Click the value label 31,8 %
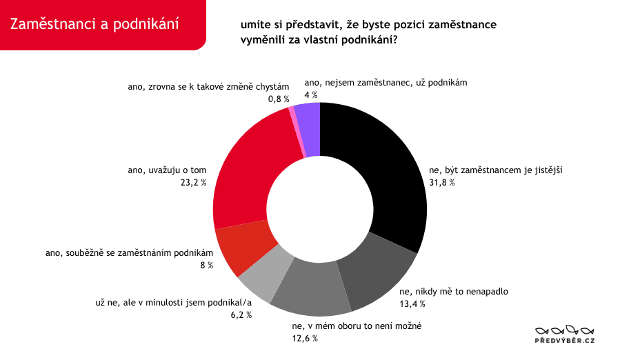(441, 183)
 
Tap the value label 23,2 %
(194, 183)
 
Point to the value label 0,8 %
(279, 99)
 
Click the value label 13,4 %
(412, 303)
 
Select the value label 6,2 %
(241, 314)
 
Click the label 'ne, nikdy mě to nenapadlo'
(454, 292)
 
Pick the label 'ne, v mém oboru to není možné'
(357, 326)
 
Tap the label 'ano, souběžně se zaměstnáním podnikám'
(130, 252)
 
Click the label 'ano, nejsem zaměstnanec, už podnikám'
(386, 83)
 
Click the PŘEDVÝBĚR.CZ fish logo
(565, 334)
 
